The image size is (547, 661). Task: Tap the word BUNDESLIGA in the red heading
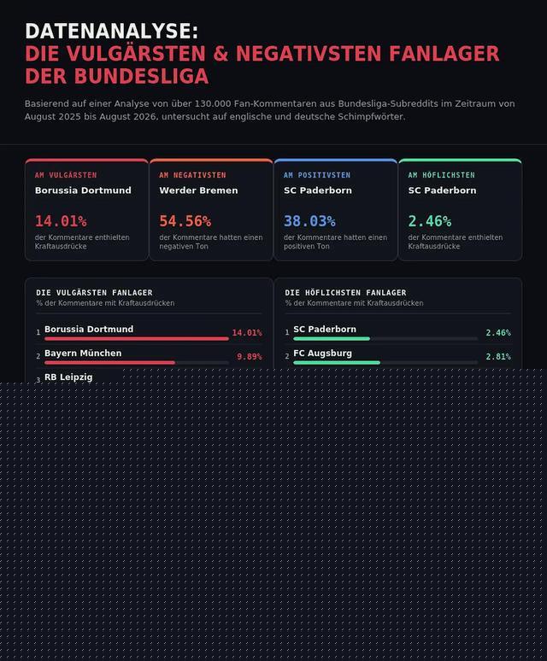(x=141, y=77)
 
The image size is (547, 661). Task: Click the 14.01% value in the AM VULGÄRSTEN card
(x=61, y=221)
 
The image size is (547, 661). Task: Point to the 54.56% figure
(x=185, y=221)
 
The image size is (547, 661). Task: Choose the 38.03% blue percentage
(x=309, y=221)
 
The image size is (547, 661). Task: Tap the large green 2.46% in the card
(x=429, y=221)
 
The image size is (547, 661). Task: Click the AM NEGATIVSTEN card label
(x=192, y=175)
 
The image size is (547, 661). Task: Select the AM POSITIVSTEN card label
(x=317, y=175)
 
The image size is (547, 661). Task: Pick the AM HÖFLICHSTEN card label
(x=441, y=175)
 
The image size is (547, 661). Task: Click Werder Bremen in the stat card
(x=198, y=190)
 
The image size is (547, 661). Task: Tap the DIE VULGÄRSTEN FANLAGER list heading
(x=94, y=293)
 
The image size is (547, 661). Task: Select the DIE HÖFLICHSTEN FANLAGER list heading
(x=345, y=293)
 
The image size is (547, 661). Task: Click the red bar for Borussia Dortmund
(x=137, y=338)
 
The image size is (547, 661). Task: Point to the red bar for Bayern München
(x=109, y=363)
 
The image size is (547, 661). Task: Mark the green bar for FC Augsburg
(x=337, y=363)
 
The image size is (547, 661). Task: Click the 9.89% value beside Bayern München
(x=250, y=357)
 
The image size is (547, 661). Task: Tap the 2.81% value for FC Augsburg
(x=498, y=357)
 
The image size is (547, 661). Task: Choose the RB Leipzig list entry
(x=68, y=377)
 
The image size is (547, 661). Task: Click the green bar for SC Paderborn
(x=332, y=338)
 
